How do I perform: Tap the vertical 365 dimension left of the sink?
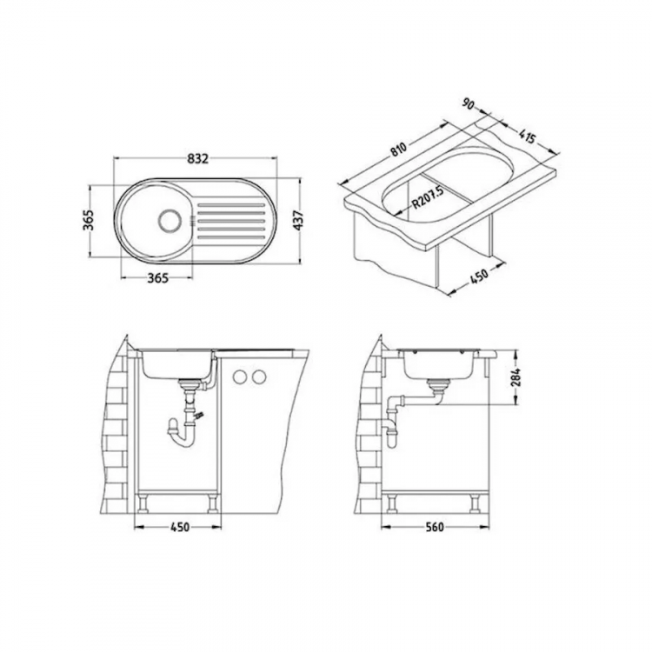[87, 220]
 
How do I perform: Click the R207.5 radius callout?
[427, 199]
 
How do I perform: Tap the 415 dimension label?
[527, 136]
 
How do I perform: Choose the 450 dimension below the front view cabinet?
[178, 526]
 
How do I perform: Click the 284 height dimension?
[515, 378]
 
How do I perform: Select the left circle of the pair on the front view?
[239, 376]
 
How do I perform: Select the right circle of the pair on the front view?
[258, 376]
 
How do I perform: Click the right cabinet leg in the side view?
[476, 502]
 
